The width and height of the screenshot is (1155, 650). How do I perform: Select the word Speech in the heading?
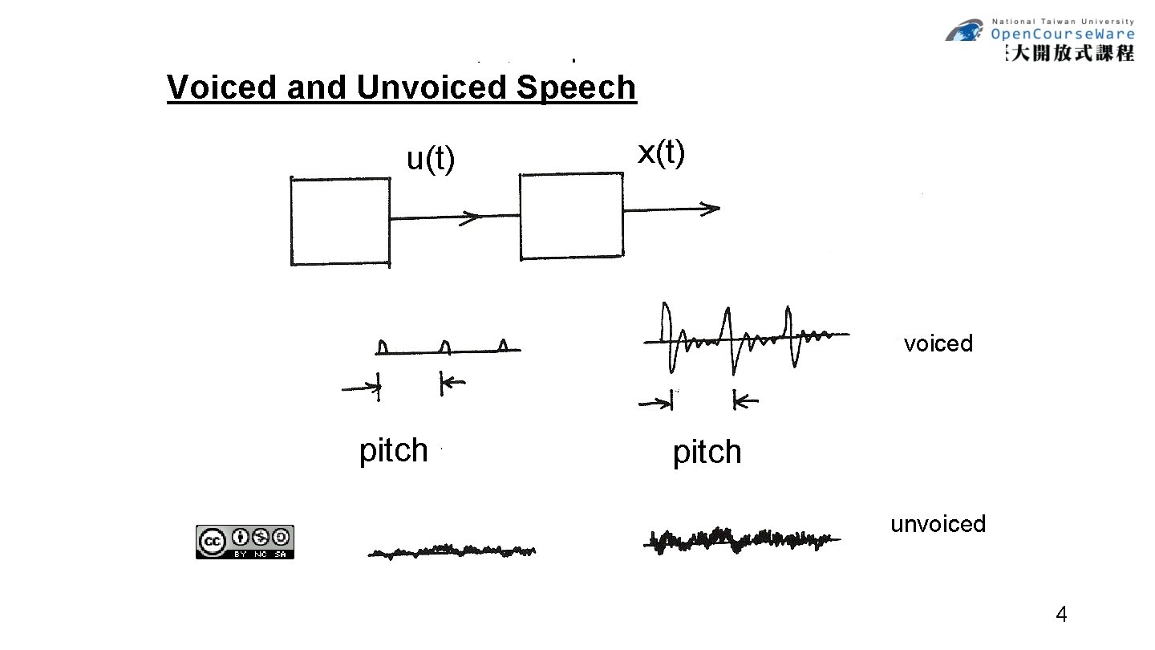tap(576, 87)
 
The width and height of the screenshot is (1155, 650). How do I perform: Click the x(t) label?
tap(661, 153)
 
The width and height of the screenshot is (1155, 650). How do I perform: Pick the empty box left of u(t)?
tap(340, 221)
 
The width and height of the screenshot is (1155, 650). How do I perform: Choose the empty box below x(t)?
tap(571, 216)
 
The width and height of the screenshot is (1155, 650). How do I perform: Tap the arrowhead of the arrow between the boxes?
tap(473, 217)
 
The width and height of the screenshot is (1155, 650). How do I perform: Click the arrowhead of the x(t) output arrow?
tap(711, 209)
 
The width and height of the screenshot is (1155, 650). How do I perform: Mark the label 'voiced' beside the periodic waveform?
tap(938, 343)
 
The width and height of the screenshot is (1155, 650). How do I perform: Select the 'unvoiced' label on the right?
tap(938, 524)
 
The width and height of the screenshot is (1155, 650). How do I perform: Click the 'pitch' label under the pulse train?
tap(393, 451)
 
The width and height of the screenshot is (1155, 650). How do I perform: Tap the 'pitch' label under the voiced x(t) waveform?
tap(707, 453)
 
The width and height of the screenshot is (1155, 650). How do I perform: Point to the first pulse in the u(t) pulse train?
tap(383, 346)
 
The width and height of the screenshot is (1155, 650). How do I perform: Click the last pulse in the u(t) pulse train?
tap(503, 345)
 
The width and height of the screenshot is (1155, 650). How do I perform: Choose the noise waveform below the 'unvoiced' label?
tap(742, 539)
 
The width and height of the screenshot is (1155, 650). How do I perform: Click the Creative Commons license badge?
tap(245, 542)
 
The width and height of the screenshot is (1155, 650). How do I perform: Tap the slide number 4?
tap(1061, 615)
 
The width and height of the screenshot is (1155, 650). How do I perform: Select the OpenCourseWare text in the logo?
tap(1062, 34)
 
